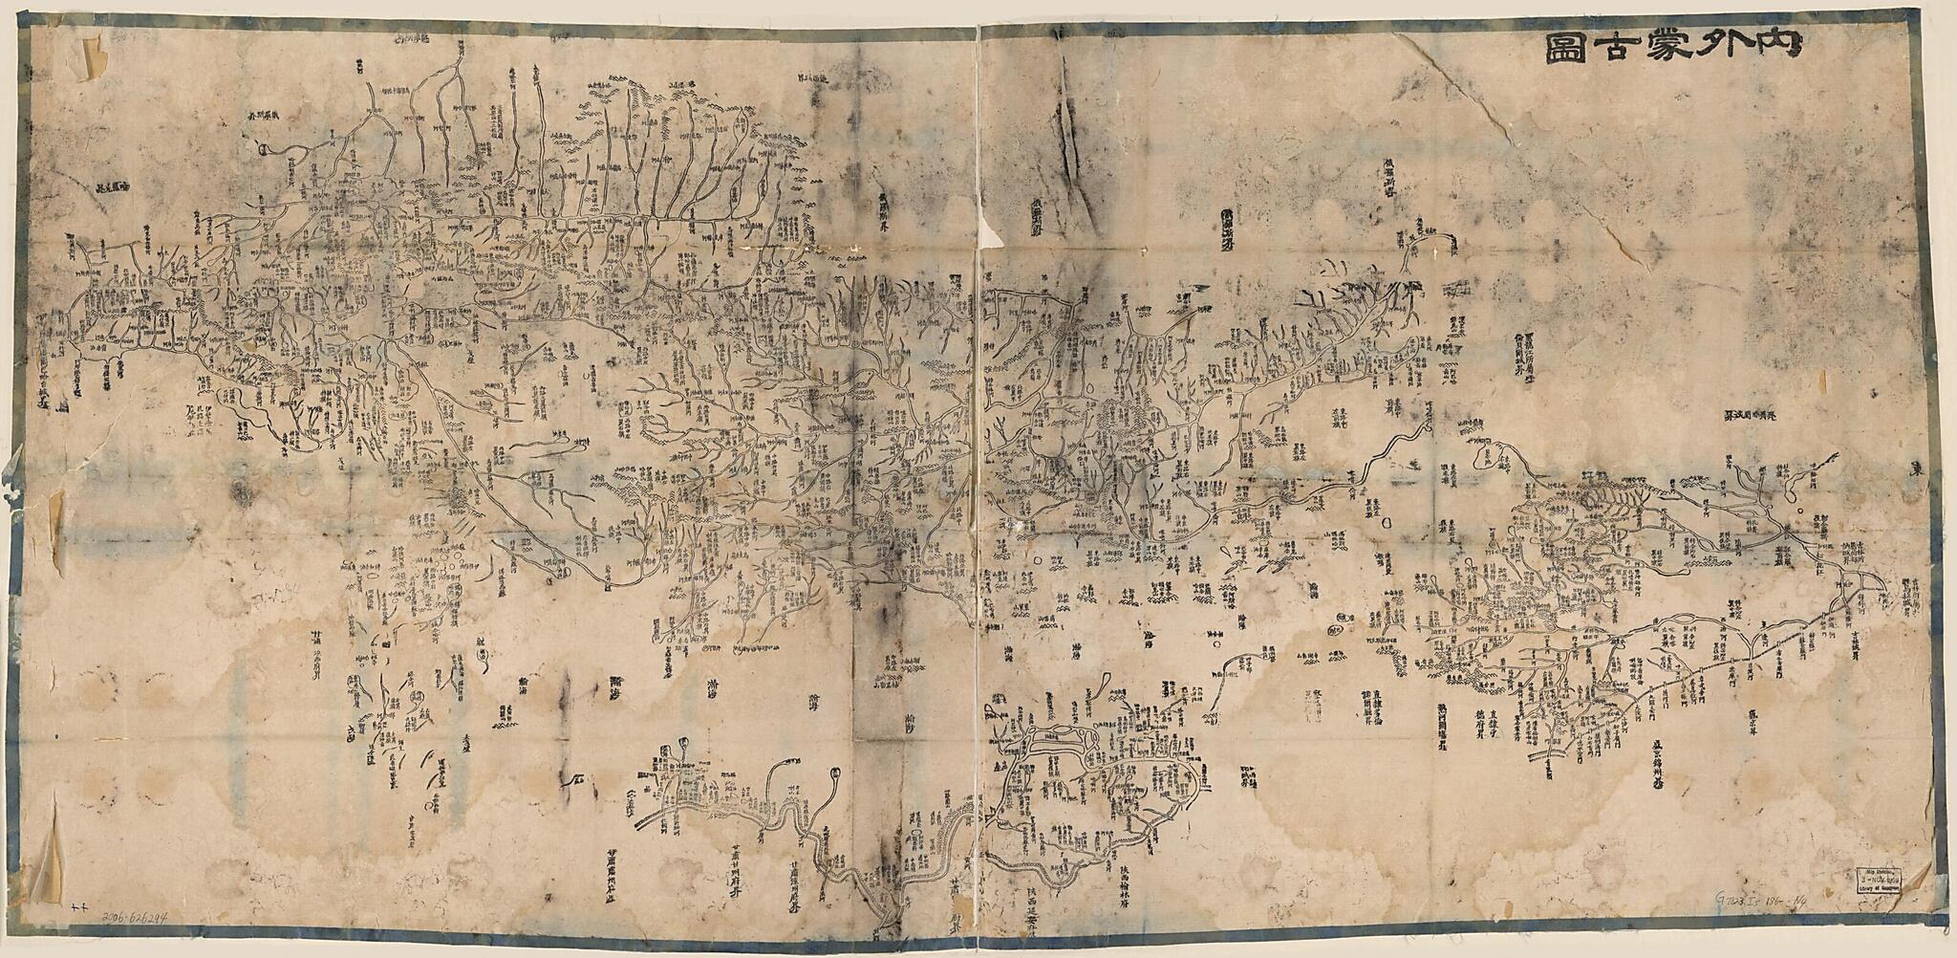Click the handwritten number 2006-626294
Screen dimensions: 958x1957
click(x=134, y=917)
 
